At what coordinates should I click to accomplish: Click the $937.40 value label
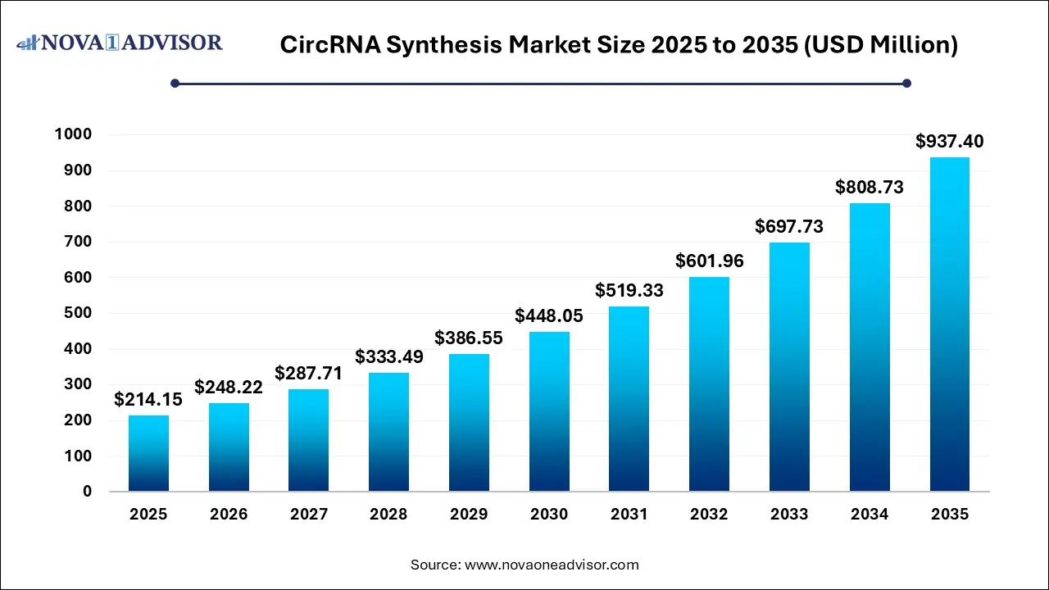pyautogui.click(x=949, y=142)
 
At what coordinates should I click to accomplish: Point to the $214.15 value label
pyautogui.click(x=148, y=400)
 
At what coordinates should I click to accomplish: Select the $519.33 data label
pyautogui.click(x=629, y=290)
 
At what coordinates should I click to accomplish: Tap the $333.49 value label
pyautogui.click(x=388, y=356)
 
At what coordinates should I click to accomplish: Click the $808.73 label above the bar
pyautogui.click(x=869, y=188)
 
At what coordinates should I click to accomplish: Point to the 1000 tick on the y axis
pyautogui.click(x=74, y=135)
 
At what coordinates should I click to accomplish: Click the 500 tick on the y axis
pyautogui.click(x=79, y=313)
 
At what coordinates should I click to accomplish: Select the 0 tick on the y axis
pyautogui.click(x=87, y=492)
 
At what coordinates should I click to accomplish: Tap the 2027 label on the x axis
pyautogui.click(x=309, y=515)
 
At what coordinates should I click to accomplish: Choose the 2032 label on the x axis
pyautogui.click(x=709, y=515)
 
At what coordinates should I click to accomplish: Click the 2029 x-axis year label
pyautogui.click(x=469, y=515)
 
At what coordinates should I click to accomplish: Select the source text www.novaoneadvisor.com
pyautogui.click(x=552, y=565)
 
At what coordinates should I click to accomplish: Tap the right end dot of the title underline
pyautogui.click(x=906, y=83)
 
